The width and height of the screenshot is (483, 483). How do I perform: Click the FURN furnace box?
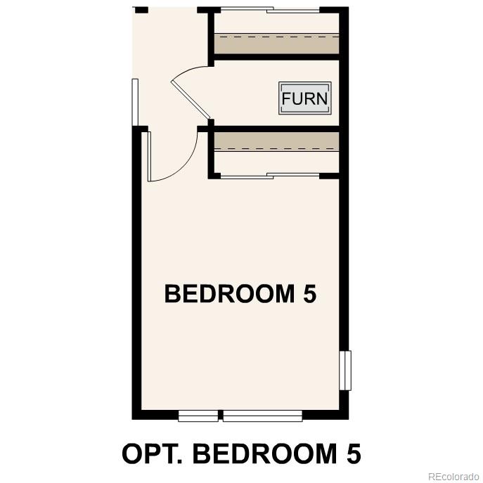tap(304, 98)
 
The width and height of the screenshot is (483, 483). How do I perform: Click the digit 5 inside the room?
tap(309, 294)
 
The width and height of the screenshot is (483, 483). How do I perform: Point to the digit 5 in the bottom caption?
tap(353, 453)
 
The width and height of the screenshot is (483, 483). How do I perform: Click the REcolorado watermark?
tap(453, 475)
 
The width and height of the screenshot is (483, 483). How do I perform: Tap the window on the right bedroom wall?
tap(344, 371)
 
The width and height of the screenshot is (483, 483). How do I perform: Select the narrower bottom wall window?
tap(198, 416)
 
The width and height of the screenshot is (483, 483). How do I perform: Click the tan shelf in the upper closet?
tap(276, 44)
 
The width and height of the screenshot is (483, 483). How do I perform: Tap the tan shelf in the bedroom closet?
tap(276, 141)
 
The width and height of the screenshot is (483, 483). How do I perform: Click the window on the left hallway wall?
tap(135, 102)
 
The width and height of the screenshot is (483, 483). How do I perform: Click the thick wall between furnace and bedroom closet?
tap(276, 129)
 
